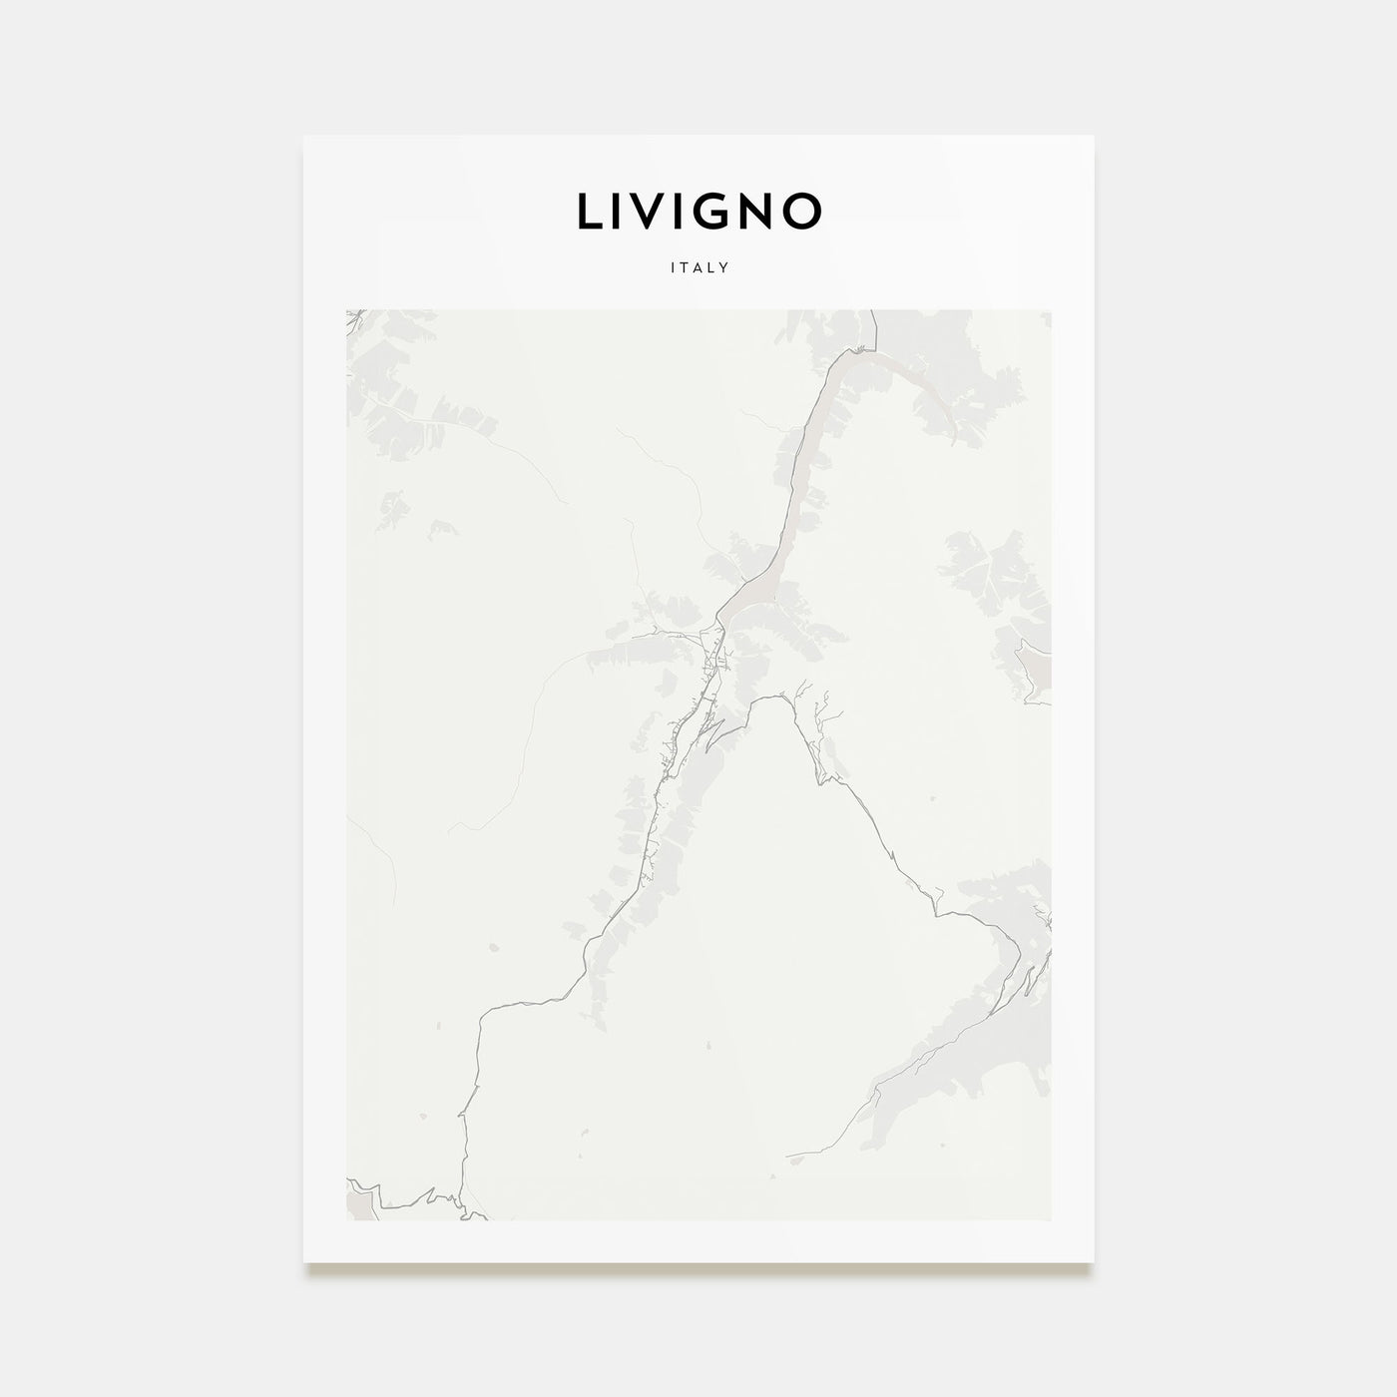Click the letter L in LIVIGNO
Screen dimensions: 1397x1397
[x=590, y=211]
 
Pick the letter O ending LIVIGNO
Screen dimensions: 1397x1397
[x=804, y=211]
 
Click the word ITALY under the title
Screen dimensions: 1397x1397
[x=699, y=267]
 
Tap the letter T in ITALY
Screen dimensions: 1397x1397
[x=686, y=267]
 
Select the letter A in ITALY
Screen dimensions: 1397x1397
[x=698, y=267]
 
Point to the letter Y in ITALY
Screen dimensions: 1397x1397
[x=725, y=267]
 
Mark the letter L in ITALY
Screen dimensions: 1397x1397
[x=712, y=267]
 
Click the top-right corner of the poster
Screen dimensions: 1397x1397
[x=1094, y=136]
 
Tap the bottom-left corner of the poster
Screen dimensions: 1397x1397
[x=304, y=1261]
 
